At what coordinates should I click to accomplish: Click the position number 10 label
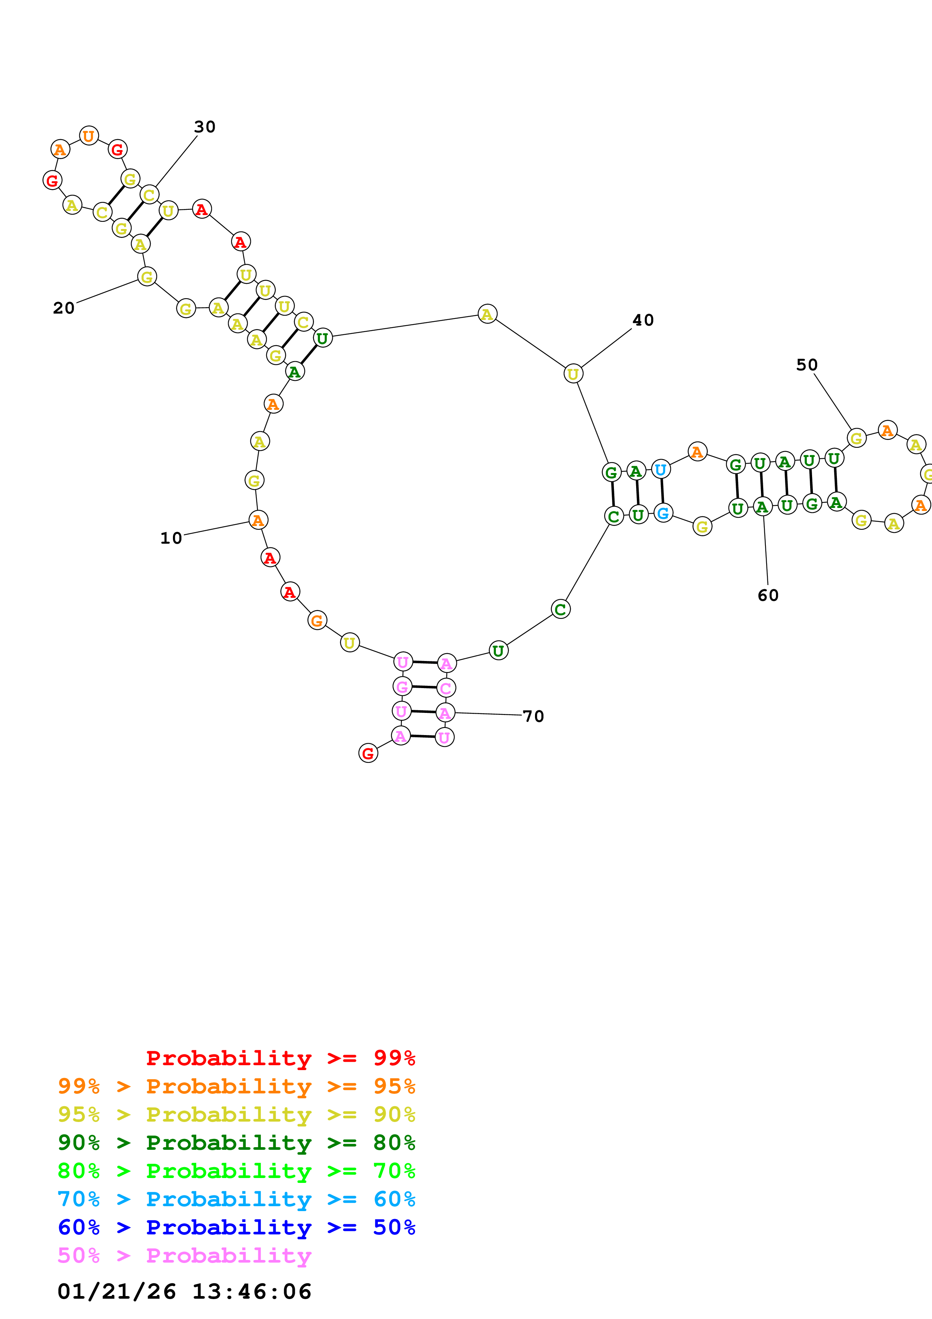point(171,538)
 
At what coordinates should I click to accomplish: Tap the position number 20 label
point(64,308)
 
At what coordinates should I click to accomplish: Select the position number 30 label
point(205,127)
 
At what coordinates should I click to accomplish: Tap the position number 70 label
point(533,716)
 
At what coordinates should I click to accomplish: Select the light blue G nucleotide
point(663,513)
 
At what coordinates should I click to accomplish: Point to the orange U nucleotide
point(88,136)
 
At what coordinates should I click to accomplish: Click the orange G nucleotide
point(317,620)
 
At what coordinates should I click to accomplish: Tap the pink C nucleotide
point(446,688)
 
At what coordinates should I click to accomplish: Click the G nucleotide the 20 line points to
point(147,277)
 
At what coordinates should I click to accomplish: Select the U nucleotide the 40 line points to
point(573,374)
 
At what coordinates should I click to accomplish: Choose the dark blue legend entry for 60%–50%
point(236,1228)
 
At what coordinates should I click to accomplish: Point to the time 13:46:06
point(252,1292)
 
